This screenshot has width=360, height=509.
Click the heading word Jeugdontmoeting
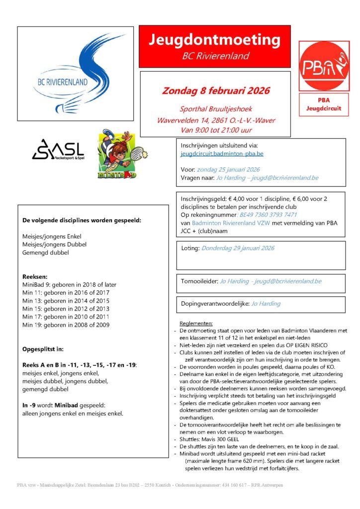[x=214, y=40]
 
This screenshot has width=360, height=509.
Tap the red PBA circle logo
[x=324, y=66]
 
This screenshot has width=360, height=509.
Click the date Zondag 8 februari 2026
[x=216, y=91]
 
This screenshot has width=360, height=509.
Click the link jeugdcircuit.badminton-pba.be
[x=222, y=155]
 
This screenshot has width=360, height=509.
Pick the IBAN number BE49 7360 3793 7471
[x=269, y=215]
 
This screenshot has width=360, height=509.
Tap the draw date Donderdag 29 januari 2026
[x=238, y=248]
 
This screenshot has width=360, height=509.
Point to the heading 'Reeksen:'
[x=35, y=276]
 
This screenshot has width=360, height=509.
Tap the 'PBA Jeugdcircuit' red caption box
[x=324, y=104]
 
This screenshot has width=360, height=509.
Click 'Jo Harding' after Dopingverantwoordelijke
[x=266, y=303]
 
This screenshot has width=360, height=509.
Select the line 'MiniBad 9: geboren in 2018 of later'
[x=69, y=285]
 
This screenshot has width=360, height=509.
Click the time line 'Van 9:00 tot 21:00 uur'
[x=216, y=130]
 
